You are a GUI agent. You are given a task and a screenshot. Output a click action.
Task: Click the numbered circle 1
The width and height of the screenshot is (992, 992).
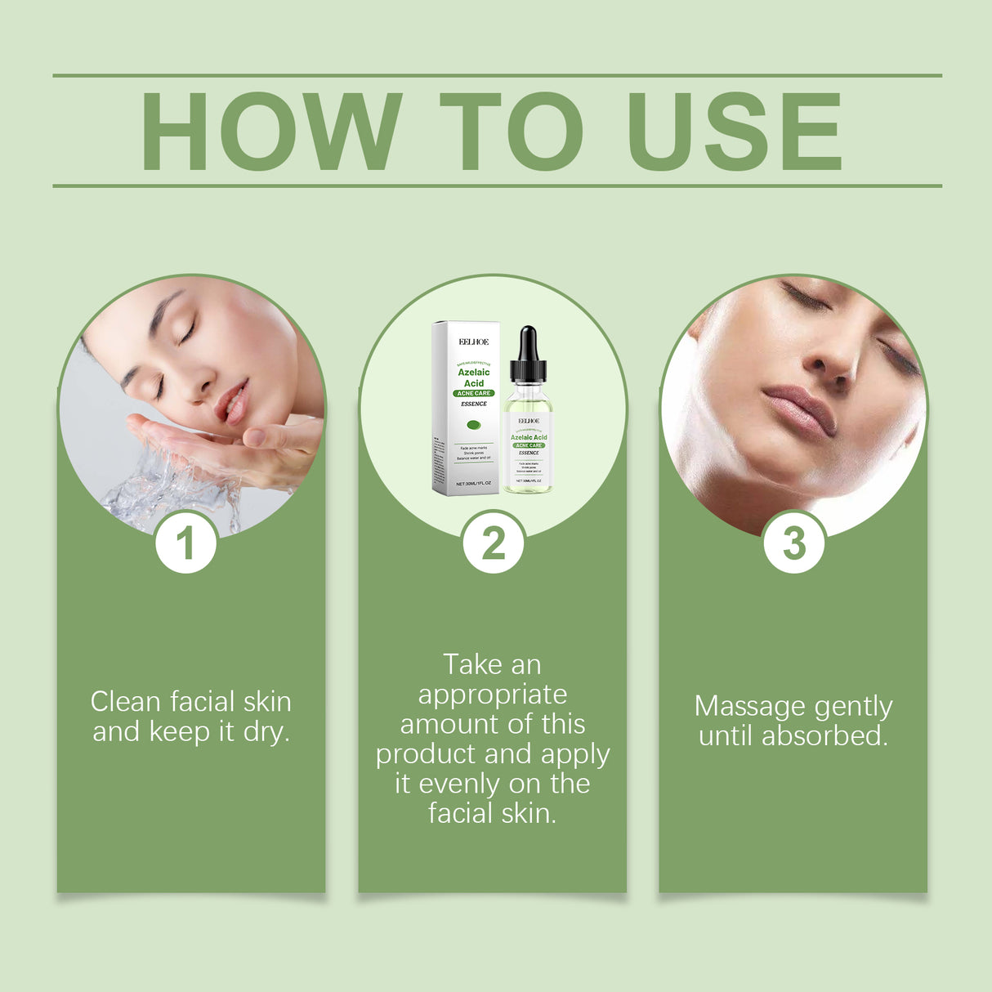[186, 543]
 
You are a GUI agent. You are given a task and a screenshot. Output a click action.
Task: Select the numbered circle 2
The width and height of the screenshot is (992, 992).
[493, 543]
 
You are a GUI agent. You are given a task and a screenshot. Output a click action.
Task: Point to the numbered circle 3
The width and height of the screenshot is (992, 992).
[793, 543]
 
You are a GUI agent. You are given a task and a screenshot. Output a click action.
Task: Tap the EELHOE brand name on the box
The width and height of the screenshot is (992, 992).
[474, 342]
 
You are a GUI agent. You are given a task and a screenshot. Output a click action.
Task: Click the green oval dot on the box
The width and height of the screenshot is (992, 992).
[473, 424]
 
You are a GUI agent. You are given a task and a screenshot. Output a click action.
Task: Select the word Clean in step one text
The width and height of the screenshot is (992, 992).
[125, 702]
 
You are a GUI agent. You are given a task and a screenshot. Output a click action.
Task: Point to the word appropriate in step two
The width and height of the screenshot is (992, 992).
[493, 695]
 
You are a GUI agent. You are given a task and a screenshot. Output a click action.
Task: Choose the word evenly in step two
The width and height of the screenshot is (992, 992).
[460, 784]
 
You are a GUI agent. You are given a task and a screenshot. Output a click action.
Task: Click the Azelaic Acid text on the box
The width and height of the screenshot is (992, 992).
[474, 378]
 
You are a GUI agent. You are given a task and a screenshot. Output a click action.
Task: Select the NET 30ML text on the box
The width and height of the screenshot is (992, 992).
[473, 484]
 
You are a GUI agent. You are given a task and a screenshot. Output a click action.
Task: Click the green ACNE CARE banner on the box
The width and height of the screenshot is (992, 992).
[474, 393]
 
